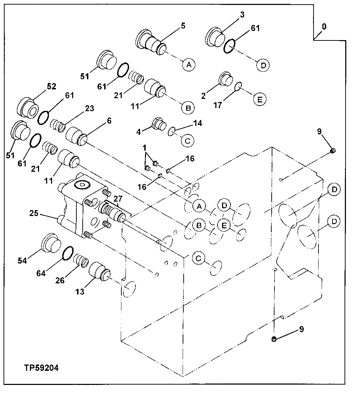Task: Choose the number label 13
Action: click(80, 292)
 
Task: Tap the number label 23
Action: click(89, 108)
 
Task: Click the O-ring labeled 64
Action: click(68, 253)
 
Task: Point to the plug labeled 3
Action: click(215, 36)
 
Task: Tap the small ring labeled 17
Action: click(239, 85)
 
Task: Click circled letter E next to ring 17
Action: click(259, 99)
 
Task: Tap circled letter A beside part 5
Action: click(189, 65)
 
